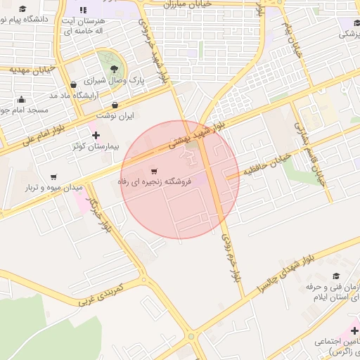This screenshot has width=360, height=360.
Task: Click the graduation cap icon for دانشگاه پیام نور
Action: (22, 9)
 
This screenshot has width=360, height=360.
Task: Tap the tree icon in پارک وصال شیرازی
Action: (114, 68)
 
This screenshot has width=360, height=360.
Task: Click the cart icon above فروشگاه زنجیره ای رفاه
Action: (154, 171)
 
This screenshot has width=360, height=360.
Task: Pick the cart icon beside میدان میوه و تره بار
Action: (54, 177)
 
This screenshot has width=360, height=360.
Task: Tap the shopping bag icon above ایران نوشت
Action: (115, 105)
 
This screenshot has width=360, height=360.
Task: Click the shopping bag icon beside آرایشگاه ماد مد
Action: (74, 85)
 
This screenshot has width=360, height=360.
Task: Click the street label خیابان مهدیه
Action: (32, 70)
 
